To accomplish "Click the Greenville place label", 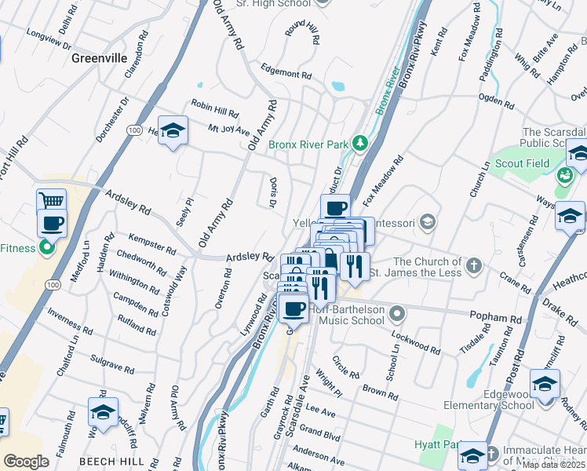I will coord(99,57).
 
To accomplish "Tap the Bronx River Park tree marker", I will coord(360,143).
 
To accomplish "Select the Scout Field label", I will coord(522,164).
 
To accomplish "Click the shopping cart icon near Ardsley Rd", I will coord(51,201).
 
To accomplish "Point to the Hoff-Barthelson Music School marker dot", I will coord(398,315).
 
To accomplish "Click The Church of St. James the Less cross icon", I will coord(473,266).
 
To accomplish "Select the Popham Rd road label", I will coord(496,319).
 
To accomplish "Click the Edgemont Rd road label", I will coord(286,72).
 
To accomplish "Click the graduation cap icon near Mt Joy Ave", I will coord(173,129).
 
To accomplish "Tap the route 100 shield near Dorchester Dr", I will coord(134,130).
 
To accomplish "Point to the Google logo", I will coord(26,462).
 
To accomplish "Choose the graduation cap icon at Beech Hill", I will coord(103,411).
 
